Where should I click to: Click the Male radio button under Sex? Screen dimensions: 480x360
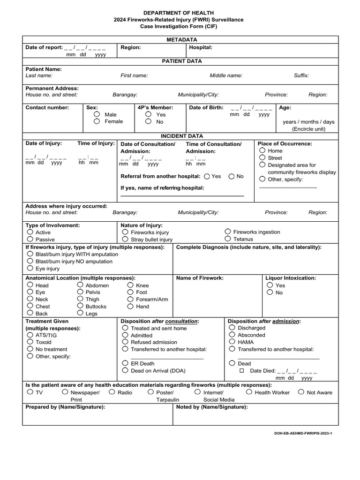coord(97,114)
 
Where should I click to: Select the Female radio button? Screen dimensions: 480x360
coord(97,121)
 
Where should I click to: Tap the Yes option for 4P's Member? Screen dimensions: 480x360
coord(148,114)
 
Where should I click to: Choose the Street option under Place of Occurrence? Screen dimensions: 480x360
coord(262,158)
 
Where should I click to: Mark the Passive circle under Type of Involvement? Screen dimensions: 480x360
coord(30,239)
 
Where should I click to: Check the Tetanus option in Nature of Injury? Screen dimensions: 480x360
coord(228,239)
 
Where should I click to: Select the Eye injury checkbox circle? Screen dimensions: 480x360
coord(30,269)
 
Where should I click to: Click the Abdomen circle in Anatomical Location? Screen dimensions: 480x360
coord(81,285)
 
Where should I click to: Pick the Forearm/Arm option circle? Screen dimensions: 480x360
coord(130,299)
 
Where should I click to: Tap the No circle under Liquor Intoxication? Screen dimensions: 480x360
coord(270,292)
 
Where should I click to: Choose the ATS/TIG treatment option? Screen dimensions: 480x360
coord(30,335)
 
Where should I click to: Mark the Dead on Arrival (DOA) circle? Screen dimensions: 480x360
coord(125,370)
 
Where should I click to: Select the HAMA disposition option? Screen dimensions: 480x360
coord(232,342)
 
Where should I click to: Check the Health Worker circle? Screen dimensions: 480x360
coord(249,392)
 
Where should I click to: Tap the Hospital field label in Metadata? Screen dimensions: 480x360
coord(201,47)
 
